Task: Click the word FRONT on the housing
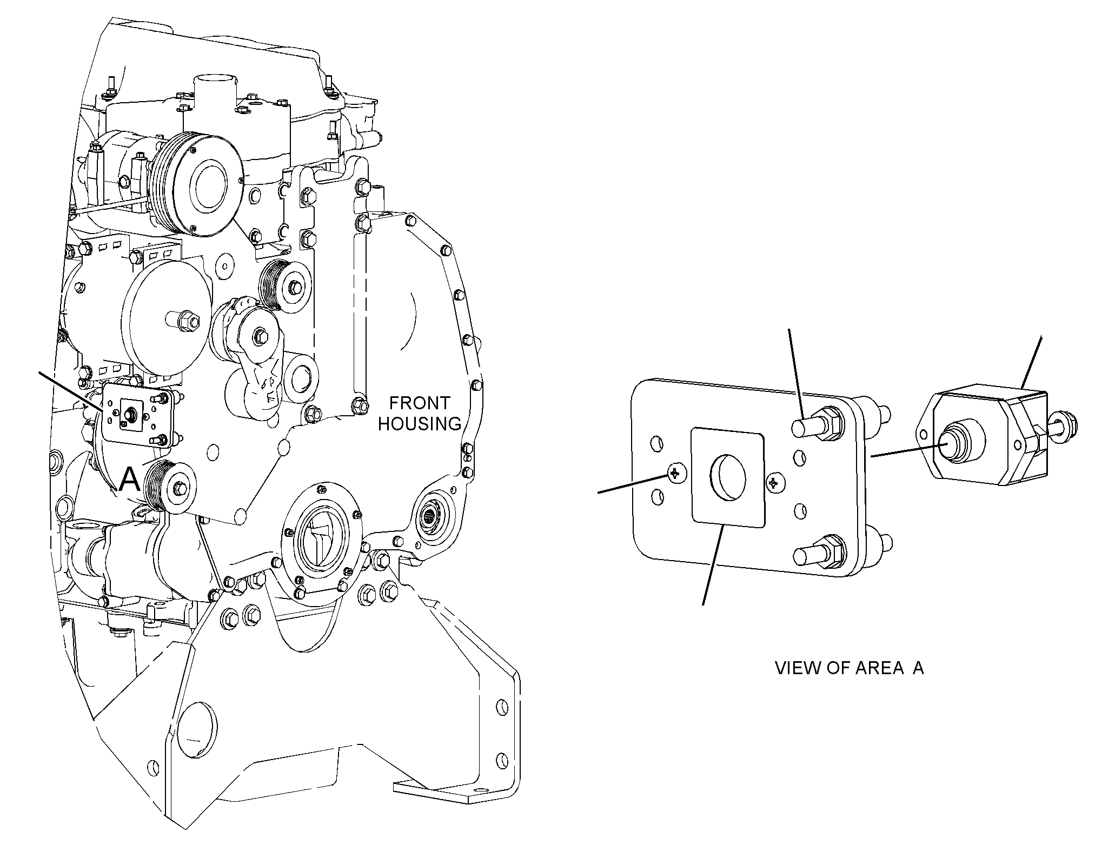click(x=420, y=403)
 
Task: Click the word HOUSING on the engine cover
click(x=420, y=424)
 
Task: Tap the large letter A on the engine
click(x=130, y=479)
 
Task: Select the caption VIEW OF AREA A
click(x=850, y=668)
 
